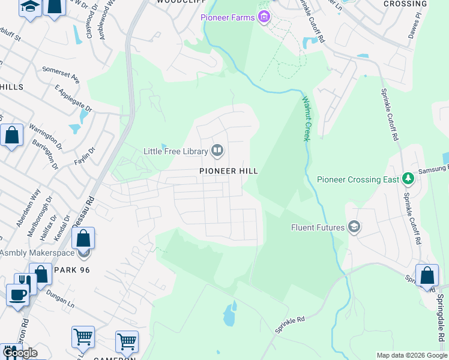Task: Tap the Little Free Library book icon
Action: [217, 151]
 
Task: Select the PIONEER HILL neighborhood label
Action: [229, 171]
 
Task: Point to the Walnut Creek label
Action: [306, 119]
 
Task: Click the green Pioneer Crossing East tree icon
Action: [408, 179]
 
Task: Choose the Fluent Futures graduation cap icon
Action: [354, 227]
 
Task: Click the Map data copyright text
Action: [411, 355]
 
